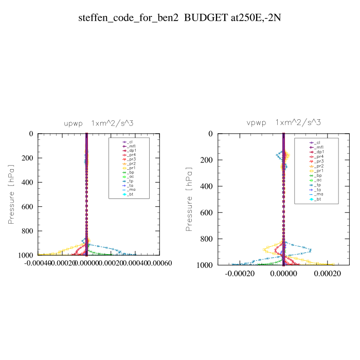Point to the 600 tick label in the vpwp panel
point(206,212)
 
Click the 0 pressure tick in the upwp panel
point(31,134)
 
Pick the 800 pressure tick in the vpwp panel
point(206,239)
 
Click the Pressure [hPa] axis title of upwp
point(11,194)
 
